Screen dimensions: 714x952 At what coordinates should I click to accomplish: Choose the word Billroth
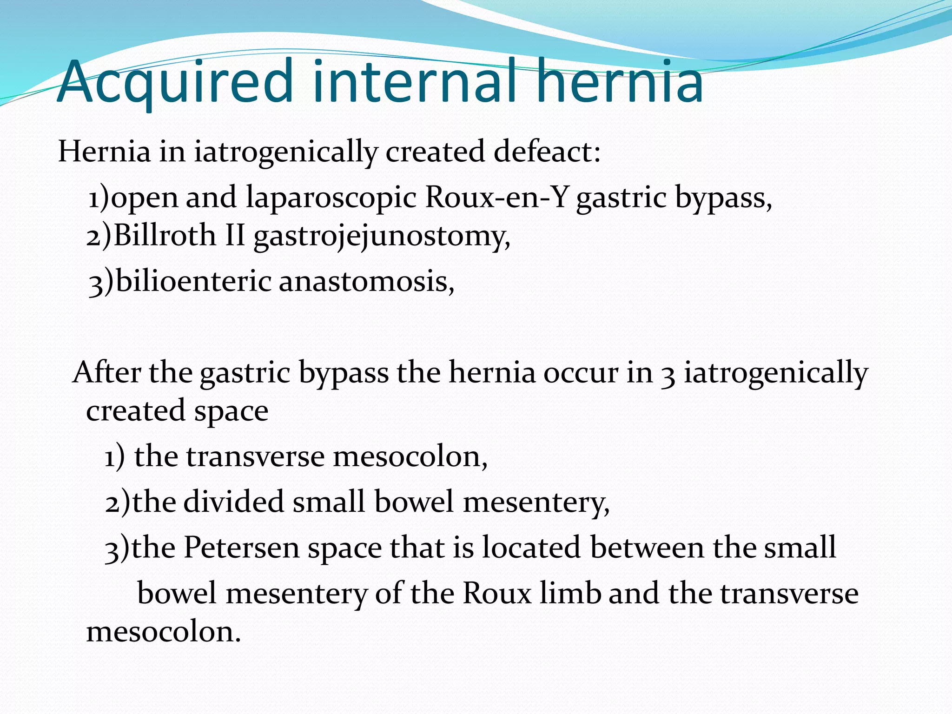pyautogui.click(x=165, y=235)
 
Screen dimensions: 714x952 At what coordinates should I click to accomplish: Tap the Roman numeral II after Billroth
pyautogui.click(x=235, y=235)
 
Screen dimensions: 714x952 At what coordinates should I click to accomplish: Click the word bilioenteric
pyautogui.click(x=193, y=281)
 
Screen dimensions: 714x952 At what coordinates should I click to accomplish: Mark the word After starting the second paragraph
pyautogui.click(x=106, y=372)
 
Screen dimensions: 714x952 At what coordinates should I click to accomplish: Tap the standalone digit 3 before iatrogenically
pyautogui.click(x=668, y=375)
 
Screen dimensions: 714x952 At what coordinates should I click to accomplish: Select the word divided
pyautogui.click(x=233, y=502)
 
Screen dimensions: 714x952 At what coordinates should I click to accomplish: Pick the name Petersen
pyautogui.click(x=241, y=548)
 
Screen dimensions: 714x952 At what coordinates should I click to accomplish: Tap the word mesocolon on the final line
pyautogui.click(x=163, y=631)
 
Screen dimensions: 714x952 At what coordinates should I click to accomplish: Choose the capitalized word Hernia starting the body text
pyautogui.click(x=105, y=152)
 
